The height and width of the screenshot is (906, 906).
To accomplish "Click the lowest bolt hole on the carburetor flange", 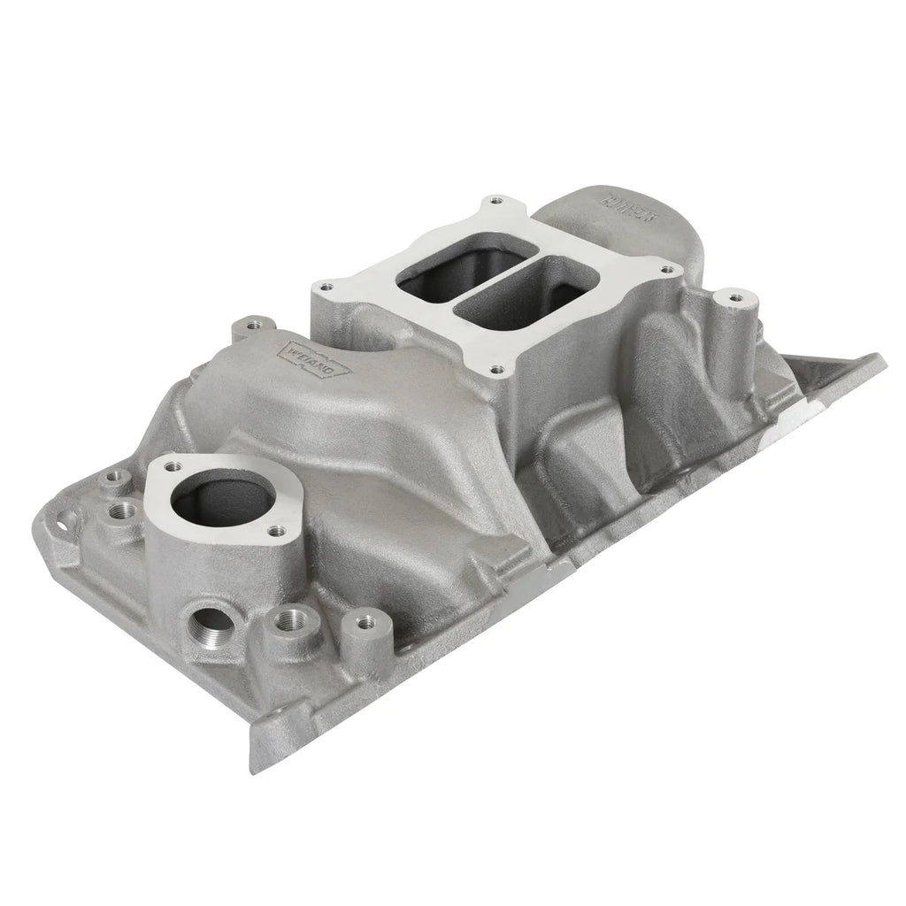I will point(497,371).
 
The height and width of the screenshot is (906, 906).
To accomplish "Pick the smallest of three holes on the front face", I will point(358,622).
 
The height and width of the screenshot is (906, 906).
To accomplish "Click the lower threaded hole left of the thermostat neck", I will point(123,511).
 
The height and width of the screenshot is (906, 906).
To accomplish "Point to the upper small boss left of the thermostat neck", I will point(111,480).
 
